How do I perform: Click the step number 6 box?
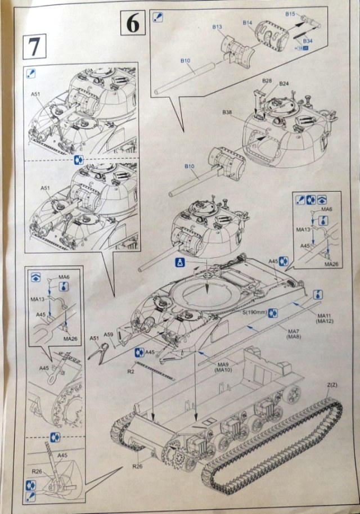coord(133,25)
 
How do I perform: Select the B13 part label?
coord(218,27)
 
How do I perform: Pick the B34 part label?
coord(308,42)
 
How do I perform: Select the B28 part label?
coord(267,82)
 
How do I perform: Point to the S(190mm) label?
coord(254,312)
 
